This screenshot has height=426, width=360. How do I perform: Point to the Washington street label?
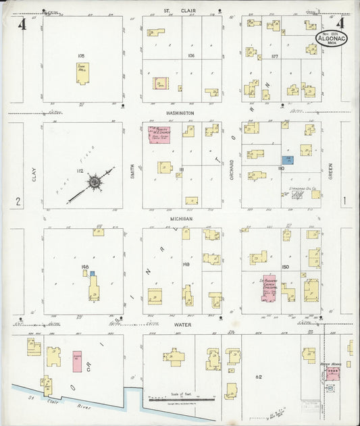point(181,113)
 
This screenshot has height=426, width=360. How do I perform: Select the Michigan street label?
point(181,219)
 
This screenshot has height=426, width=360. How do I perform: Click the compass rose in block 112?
point(95,182)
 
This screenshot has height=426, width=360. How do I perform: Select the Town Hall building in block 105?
point(82,73)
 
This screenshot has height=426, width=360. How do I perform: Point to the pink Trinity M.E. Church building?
point(159,134)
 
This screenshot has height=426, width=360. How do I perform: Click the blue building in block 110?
point(288,159)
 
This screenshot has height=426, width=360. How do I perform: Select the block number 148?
point(85,267)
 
